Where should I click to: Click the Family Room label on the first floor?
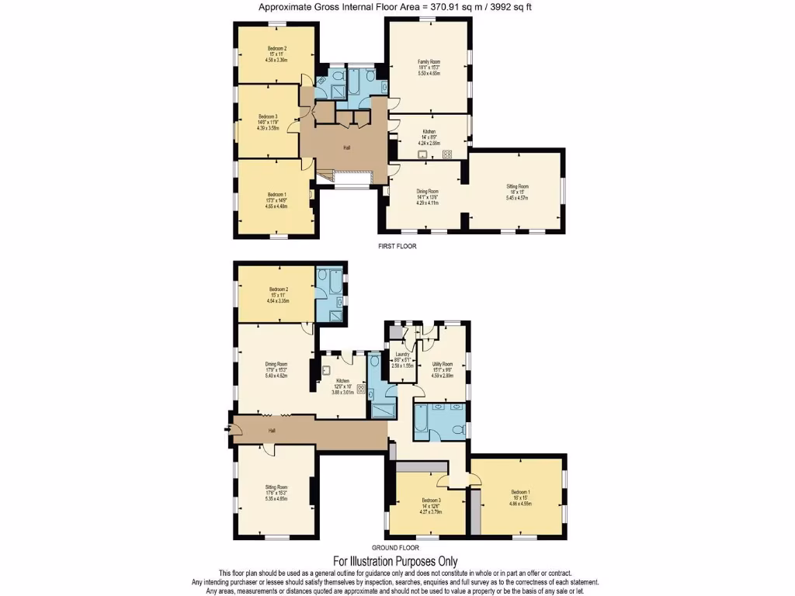click(x=429, y=61)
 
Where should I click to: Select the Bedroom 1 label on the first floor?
click(x=277, y=194)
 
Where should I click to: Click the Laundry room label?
click(x=402, y=355)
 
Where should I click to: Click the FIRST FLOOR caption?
click(x=397, y=246)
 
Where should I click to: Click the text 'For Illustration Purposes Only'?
click(x=395, y=561)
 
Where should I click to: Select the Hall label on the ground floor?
click(x=272, y=431)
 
